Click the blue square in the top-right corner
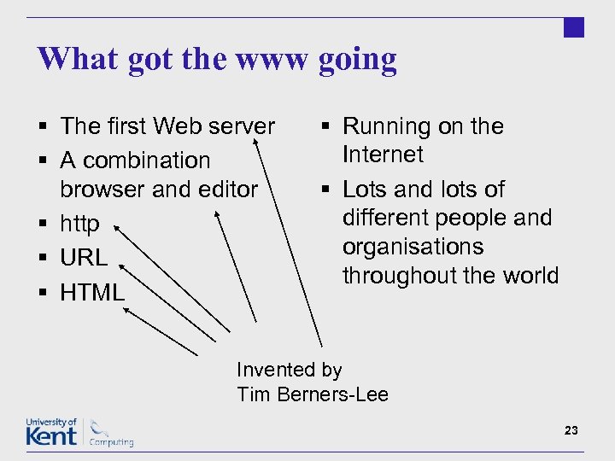coord(574,27)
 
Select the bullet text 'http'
coord(79,224)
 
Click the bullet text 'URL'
coord(84,257)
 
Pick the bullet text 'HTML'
coord(92,292)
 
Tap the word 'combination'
coord(146,160)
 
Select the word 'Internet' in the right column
coord(383,155)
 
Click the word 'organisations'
coord(412,247)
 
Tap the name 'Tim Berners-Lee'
coord(313,394)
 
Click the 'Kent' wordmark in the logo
coord(51,436)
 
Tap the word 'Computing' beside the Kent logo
coord(112,442)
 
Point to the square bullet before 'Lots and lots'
coord(327,190)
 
